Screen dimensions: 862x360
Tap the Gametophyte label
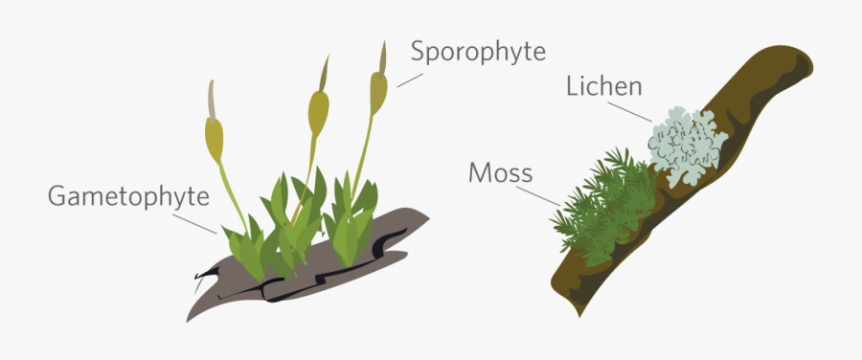pyautogui.click(x=128, y=197)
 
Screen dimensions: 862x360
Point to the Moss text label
pyautogui.click(x=501, y=173)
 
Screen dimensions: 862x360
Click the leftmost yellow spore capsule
pyautogui.click(x=215, y=140)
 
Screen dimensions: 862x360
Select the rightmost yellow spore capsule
pyautogui.click(x=379, y=93)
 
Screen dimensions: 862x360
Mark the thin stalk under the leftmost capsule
pyautogui.click(x=231, y=191)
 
